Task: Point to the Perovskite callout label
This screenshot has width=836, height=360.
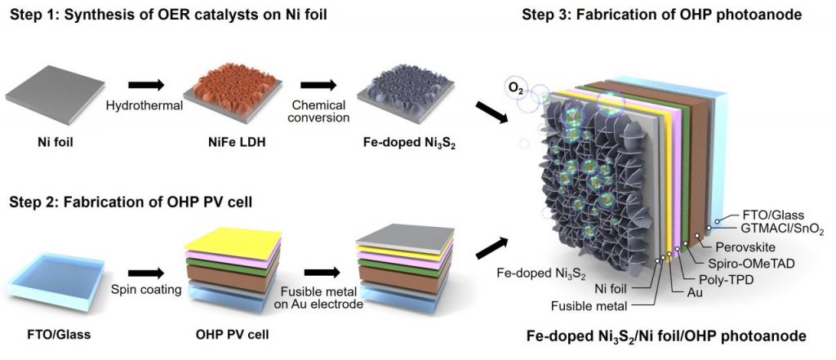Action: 742,245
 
